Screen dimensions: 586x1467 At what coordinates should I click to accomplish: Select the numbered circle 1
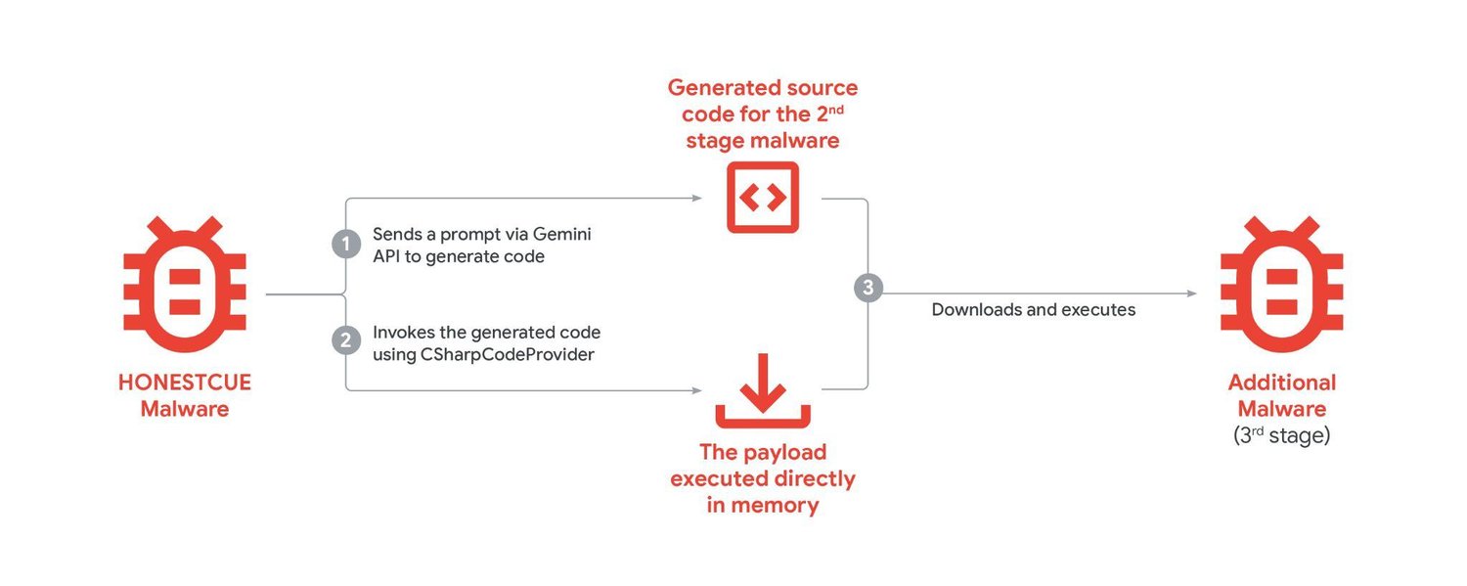click(345, 245)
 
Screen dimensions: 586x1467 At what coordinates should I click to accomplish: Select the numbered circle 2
click(345, 341)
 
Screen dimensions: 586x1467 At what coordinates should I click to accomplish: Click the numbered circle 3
click(867, 289)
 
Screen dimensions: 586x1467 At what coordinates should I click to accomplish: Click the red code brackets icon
click(762, 198)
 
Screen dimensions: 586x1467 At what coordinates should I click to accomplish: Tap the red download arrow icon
click(762, 391)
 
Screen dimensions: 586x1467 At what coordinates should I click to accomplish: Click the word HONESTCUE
click(184, 383)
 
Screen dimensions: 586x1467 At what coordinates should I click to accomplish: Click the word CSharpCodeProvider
click(507, 355)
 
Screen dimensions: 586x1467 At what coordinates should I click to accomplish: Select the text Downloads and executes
click(1033, 310)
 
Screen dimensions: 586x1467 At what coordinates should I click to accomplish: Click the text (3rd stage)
click(1281, 435)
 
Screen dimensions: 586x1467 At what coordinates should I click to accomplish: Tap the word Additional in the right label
click(1281, 383)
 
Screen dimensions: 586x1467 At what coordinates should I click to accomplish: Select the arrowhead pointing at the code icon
click(696, 198)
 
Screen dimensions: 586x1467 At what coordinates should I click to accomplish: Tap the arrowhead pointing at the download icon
click(696, 390)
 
